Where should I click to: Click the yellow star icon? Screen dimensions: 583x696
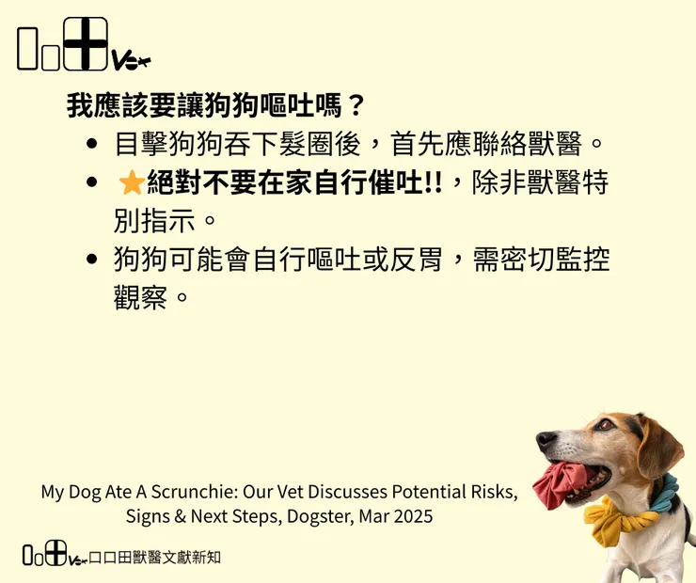pyautogui.click(x=131, y=182)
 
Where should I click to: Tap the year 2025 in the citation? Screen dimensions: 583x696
pyautogui.click(x=413, y=516)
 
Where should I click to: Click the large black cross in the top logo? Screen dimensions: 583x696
pyautogui.click(x=86, y=43)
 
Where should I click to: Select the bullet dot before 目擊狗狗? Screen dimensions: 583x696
pyautogui.click(x=91, y=145)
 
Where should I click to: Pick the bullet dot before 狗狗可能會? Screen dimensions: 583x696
pyautogui.click(x=91, y=260)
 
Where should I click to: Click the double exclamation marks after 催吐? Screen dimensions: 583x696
pyautogui.click(x=433, y=182)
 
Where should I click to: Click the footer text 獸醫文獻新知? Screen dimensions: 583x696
pyautogui.click(x=175, y=557)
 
